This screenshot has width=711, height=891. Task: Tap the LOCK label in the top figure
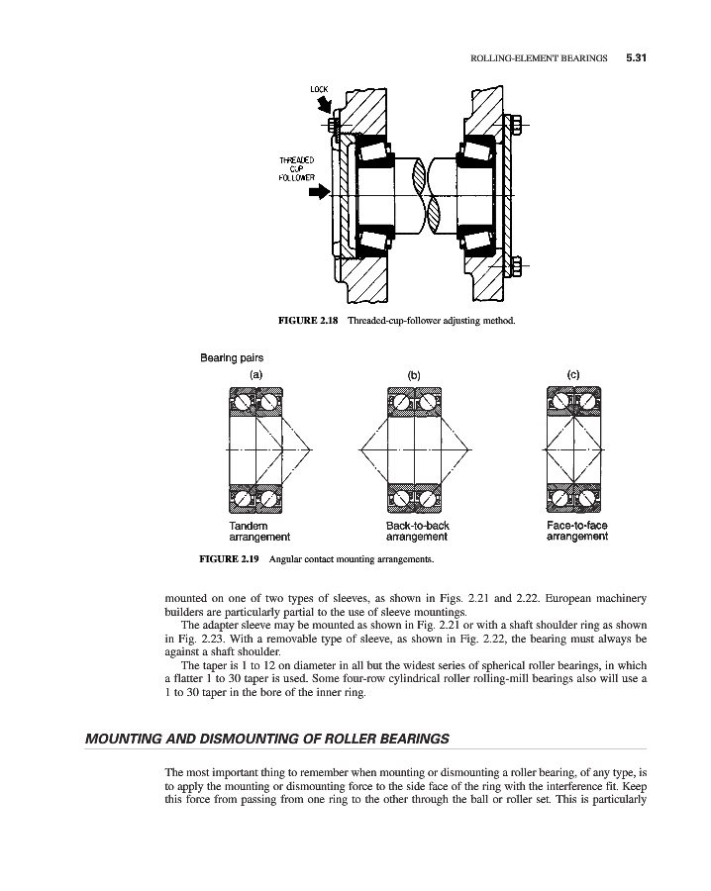tap(319, 90)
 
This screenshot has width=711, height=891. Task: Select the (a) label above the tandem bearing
tap(256, 374)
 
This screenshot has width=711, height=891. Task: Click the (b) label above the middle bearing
tap(415, 375)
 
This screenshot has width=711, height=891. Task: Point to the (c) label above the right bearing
tap(574, 373)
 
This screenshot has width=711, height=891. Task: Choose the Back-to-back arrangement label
tap(416, 532)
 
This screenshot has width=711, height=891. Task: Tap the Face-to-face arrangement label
tap(576, 532)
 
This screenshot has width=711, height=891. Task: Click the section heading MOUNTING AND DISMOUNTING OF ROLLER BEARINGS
tap(267, 739)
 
